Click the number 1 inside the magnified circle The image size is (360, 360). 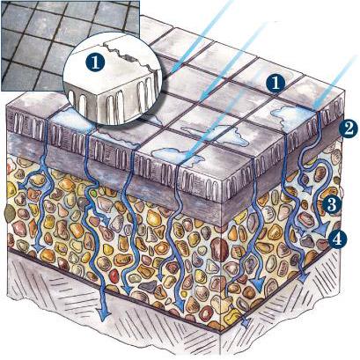click(95, 62)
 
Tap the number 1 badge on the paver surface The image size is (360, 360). click(276, 83)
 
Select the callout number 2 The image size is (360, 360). click(348, 129)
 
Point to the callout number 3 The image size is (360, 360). click(332, 205)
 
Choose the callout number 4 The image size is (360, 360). click(338, 239)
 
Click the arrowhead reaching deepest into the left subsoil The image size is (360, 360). click(104, 315)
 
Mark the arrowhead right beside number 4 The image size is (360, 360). click(323, 231)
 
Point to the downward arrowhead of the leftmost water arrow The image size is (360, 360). click(39, 248)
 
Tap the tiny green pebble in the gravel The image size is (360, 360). click(94, 194)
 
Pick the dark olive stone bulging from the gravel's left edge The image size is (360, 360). click(10, 213)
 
